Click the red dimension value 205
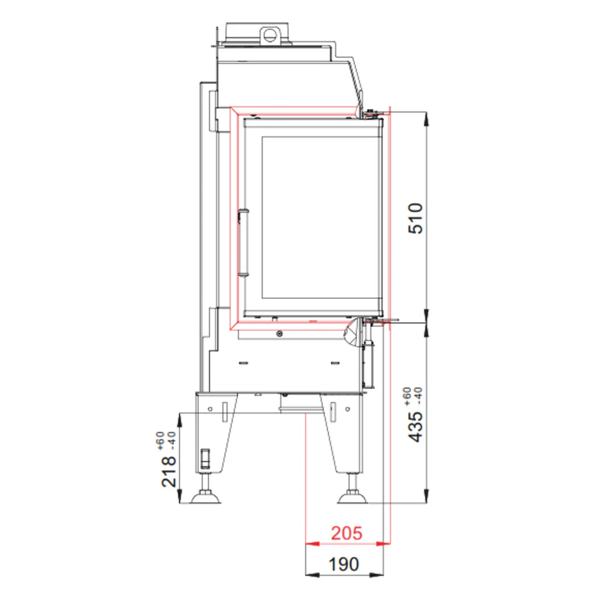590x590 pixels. click(346, 533)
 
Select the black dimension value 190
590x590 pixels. click(343, 564)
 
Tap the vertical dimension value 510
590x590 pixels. click(416, 218)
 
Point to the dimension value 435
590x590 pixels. click(416, 427)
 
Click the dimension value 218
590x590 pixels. click(169, 471)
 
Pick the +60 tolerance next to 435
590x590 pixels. click(407, 396)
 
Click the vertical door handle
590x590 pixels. click(243, 243)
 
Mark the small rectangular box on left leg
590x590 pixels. click(206, 458)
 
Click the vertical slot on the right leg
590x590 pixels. click(333, 412)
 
